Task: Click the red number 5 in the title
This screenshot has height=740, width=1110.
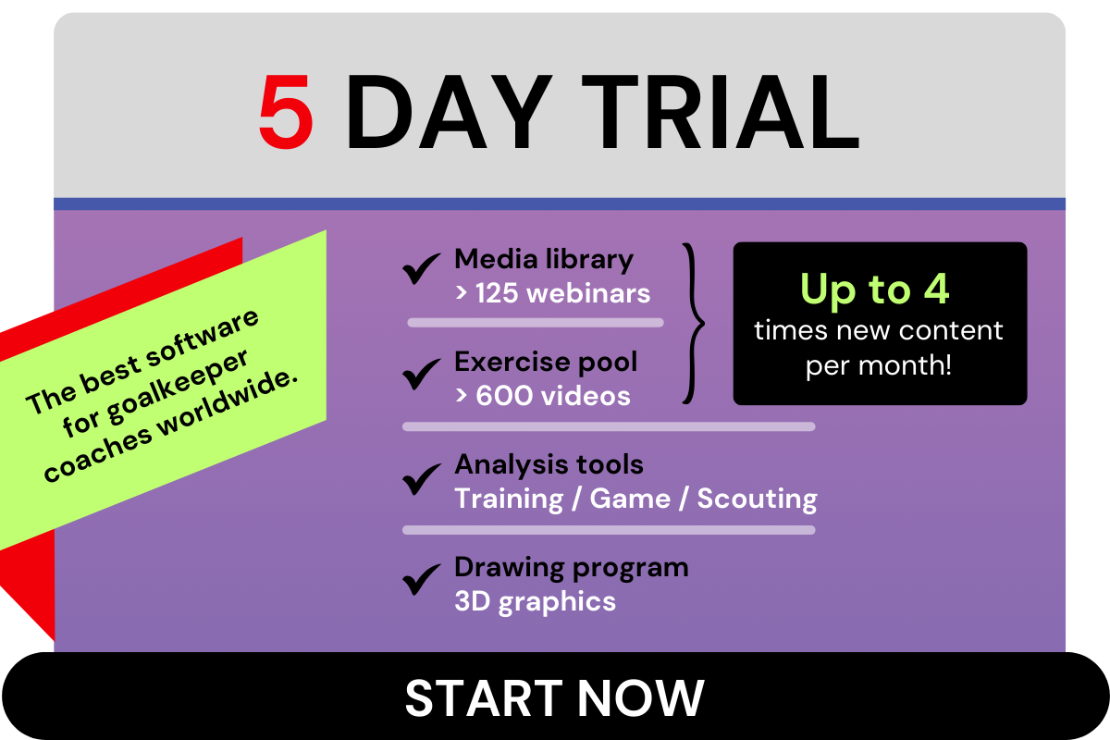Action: (286, 111)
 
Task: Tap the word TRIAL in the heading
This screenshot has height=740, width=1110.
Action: (721, 112)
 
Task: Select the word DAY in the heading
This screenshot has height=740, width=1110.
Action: (450, 112)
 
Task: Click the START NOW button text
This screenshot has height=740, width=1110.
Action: (554, 697)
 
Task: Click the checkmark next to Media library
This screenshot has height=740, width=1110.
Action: (421, 268)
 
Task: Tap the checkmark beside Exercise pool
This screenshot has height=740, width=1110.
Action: (421, 374)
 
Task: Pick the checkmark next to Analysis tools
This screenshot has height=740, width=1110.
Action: (421, 479)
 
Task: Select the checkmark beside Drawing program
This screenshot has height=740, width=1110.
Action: (421, 579)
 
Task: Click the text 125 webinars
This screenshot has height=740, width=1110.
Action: (563, 293)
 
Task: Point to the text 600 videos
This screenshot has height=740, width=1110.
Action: (553, 396)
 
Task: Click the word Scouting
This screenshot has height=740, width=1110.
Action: (758, 499)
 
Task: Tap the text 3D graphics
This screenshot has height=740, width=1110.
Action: (536, 602)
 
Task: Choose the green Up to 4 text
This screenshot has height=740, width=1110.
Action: (875, 289)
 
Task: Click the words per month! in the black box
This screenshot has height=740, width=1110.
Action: (879, 365)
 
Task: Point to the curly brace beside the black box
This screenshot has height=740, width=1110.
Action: (694, 323)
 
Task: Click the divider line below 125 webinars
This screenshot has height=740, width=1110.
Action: (536, 323)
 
